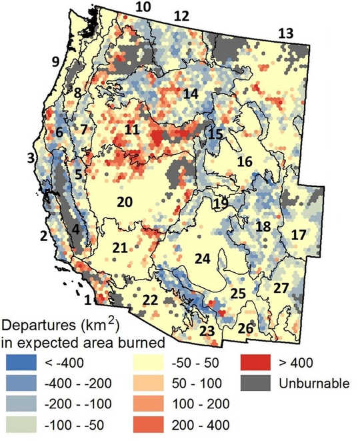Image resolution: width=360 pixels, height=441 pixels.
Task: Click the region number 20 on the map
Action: point(125,203)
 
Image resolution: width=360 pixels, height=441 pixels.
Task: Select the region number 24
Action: point(202,256)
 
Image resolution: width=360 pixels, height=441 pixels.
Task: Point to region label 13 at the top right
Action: point(285,33)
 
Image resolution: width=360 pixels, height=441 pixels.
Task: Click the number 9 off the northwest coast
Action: point(56,62)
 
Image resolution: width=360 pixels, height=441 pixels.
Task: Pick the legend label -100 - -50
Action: point(74,424)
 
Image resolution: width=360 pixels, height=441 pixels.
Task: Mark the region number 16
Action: point(245,161)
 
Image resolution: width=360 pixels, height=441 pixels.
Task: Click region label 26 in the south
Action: point(246,328)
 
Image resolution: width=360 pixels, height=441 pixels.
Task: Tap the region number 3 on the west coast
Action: point(30,157)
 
